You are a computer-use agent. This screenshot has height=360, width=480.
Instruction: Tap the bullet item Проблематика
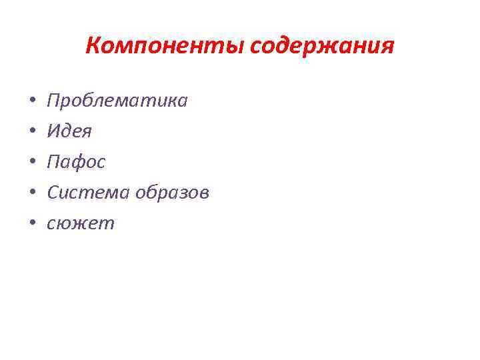click(117, 101)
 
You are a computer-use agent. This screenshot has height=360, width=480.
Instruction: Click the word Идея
click(69, 131)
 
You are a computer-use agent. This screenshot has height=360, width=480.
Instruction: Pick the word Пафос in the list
click(76, 162)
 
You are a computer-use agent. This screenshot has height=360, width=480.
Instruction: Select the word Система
click(89, 193)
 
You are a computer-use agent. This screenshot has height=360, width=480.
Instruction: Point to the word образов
click(172, 193)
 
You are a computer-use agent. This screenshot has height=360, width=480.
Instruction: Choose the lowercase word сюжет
click(81, 223)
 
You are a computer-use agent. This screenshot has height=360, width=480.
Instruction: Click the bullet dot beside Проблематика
click(31, 102)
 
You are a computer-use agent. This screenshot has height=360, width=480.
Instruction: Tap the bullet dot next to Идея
click(31, 133)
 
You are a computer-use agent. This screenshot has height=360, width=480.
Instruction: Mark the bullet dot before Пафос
click(31, 163)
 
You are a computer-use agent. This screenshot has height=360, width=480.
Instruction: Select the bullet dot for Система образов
click(31, 194)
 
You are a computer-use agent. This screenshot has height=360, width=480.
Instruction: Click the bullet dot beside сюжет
click(31, 225)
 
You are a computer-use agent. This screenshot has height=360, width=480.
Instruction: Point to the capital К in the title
click(92, 47)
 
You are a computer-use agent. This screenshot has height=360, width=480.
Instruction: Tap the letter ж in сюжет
click(79, 224)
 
